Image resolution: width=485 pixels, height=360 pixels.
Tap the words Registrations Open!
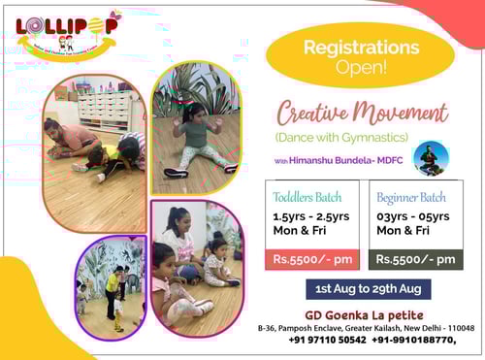361,54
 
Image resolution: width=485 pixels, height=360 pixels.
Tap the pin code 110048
459,328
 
